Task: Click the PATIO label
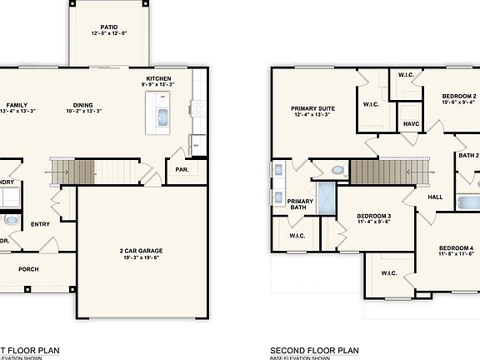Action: coord(108,27)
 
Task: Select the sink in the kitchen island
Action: coord(162,114)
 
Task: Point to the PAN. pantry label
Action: coord(181,169)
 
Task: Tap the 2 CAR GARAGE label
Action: coord(139,251)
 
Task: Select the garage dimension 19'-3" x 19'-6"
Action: coord(139,258)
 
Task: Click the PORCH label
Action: coord(29,269)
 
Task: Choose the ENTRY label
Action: coord(41,224)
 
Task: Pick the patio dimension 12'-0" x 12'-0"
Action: coord(108,34)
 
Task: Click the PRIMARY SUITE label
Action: coord(312,108)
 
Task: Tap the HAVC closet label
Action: coord(411,123)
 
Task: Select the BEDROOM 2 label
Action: coord(457,97)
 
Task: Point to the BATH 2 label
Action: coord(467,155)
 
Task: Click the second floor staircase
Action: coord(380,172)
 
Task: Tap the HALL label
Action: coord(435,197)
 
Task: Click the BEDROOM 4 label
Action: coord(456,248)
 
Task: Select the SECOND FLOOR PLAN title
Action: coord(314,351)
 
